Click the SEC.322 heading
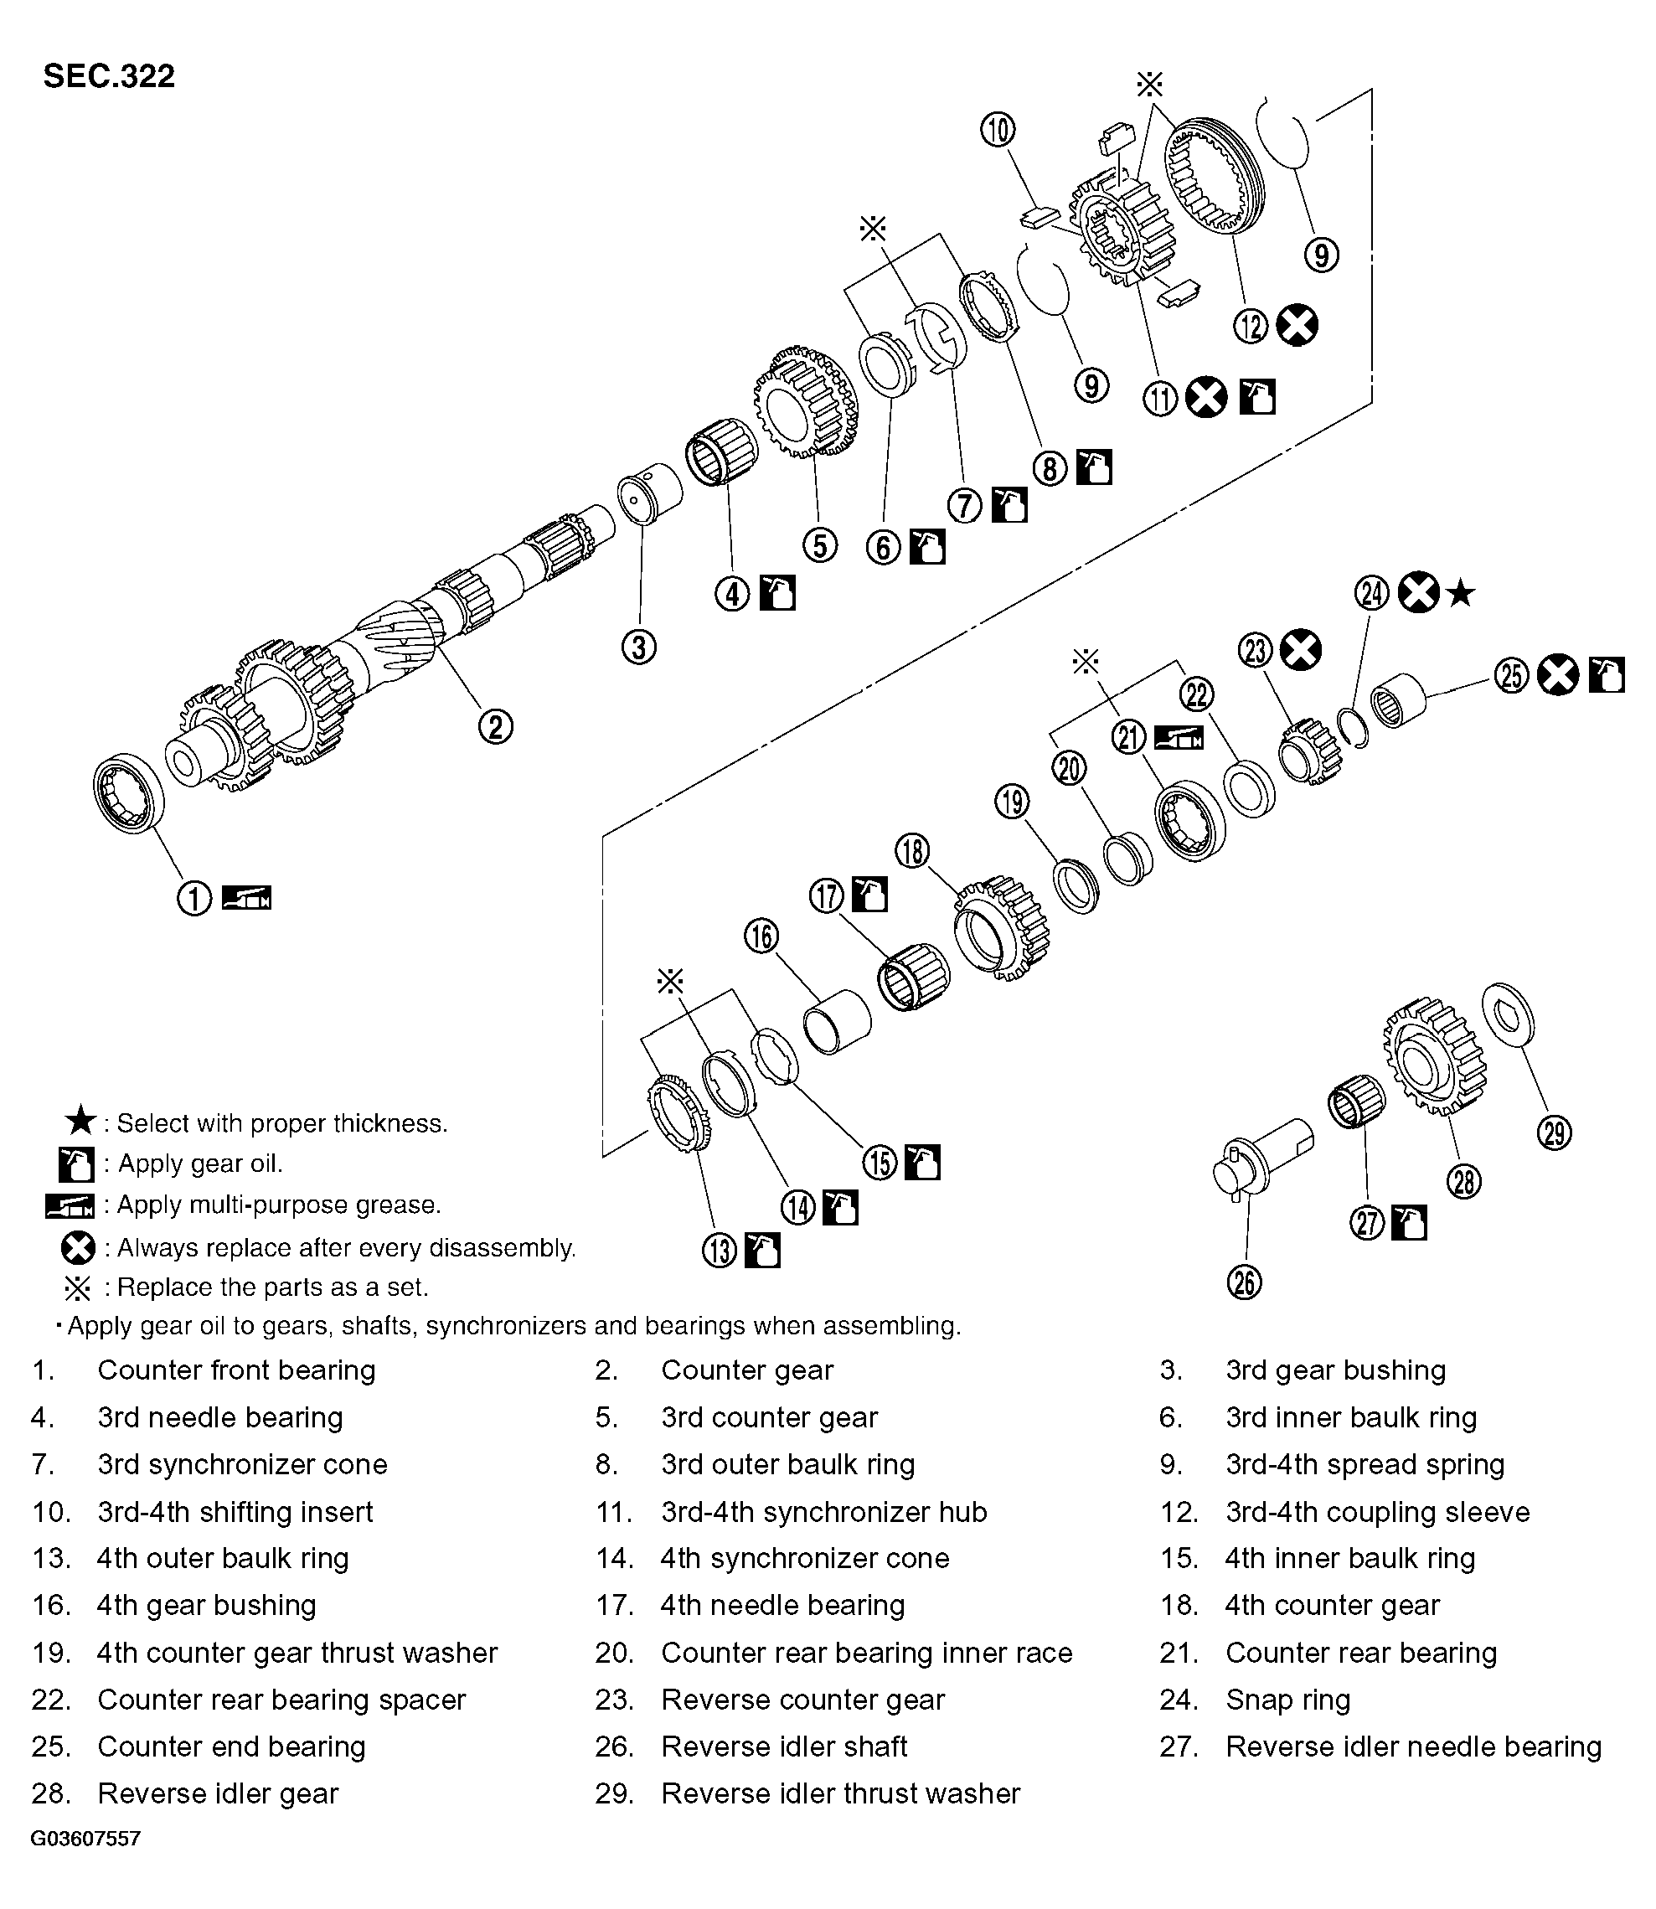coord(109,75)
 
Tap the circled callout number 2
coord(495,726)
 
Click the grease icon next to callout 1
coord(248,897)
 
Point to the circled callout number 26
coord(1245,1282)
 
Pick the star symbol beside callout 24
coord(1461,593)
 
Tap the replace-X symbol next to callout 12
coord(1297,325)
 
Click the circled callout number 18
coord(912,851)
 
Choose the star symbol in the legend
coord(80,1122)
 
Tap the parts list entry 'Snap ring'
coord(1287,1700)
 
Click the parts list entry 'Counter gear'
coord(746,1370)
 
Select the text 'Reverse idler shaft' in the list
coord(784,1746)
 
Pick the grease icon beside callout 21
coord(1179,737)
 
